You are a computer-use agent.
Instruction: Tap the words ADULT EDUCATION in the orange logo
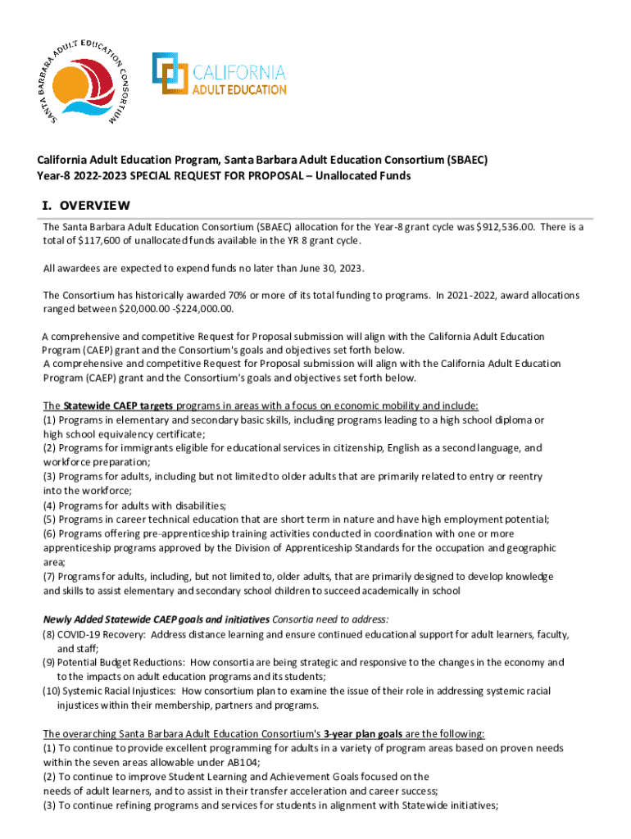click(x=239, y=89)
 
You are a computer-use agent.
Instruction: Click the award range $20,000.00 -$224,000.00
click(x=177, y=309)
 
